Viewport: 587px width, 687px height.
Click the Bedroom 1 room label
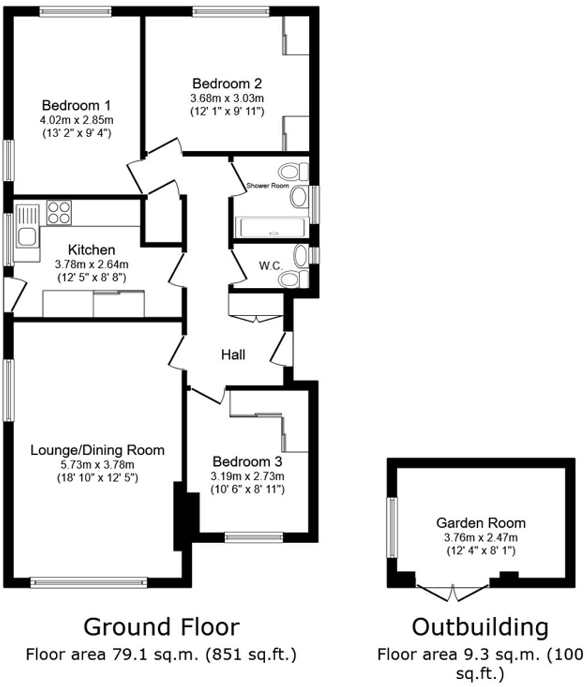click(x=76, y=105)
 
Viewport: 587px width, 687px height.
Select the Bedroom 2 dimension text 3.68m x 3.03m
click(x=227, y=98)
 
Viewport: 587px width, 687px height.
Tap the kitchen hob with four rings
click(x=59, y=213)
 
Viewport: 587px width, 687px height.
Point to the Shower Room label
click(x=267, y=186)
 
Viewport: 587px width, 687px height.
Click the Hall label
click(x=233, y=355)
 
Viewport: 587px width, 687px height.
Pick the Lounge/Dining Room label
click(x=97, y=450)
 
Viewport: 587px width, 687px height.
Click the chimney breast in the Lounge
click(x=185, y=516)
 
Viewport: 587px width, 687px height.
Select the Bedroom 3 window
click(x=254, y=537)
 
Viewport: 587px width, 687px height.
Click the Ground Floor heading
click(x=162, y=627)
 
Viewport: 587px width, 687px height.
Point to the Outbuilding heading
click(x=480, y=627)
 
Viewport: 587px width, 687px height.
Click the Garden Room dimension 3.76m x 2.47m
click(x=481, y=537)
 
